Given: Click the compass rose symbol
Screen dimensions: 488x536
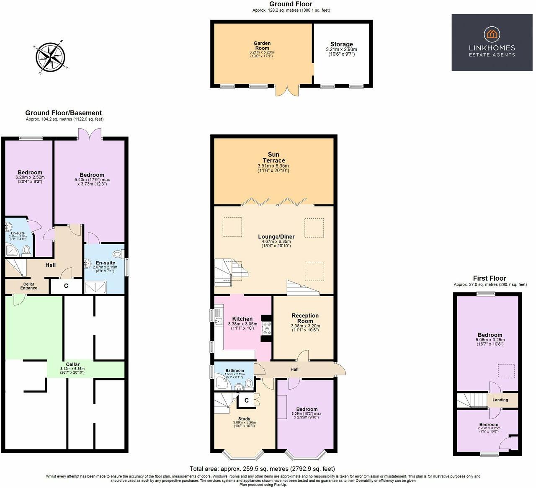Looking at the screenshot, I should [x=50, y=57].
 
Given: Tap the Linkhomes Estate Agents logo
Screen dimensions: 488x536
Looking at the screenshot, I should [x=492, y=42].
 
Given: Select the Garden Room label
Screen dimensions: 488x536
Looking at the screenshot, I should [x=262, y=45].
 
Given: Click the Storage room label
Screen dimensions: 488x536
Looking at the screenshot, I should [x=341, y=44].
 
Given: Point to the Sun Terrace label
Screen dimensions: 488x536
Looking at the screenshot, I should [x=273, y=158].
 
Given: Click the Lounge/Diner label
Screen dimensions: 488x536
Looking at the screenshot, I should [x=276, y=237].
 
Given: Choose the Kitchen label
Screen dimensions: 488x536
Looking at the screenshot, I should [x=242, y=319].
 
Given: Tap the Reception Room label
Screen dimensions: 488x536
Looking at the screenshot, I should [x=305, y=318].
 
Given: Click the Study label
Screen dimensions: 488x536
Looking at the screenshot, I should [x=244, y=419].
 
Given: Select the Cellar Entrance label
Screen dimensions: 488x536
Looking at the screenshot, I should [x=29, y=286].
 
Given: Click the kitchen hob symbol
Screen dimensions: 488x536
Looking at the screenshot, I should [x=266, y=328].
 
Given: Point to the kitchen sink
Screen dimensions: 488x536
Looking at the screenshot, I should [x=218, y=321].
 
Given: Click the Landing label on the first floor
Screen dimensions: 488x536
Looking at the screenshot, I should [x=500, y=400].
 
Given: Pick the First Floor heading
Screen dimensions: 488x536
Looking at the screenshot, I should [x=489, y=278].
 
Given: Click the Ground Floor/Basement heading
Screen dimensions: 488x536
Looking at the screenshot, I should [x=63, y=113].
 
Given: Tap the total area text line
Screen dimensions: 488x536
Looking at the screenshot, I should [x=262, y=469].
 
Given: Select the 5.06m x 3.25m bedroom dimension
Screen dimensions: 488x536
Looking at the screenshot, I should [x=490, y=340].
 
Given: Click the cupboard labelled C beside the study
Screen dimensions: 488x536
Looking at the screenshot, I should [x=246, y=400].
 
